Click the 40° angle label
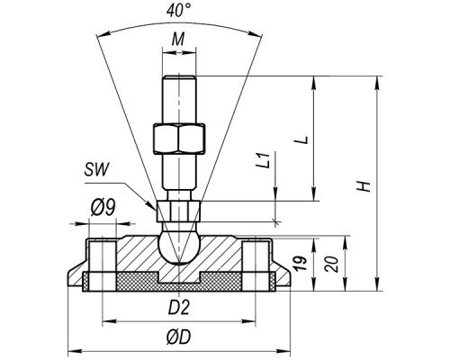179,11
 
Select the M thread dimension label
178,39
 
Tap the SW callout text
96,170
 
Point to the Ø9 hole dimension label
103,208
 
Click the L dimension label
303,139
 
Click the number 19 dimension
301,263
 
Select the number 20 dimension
332,264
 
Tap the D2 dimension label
179,308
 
